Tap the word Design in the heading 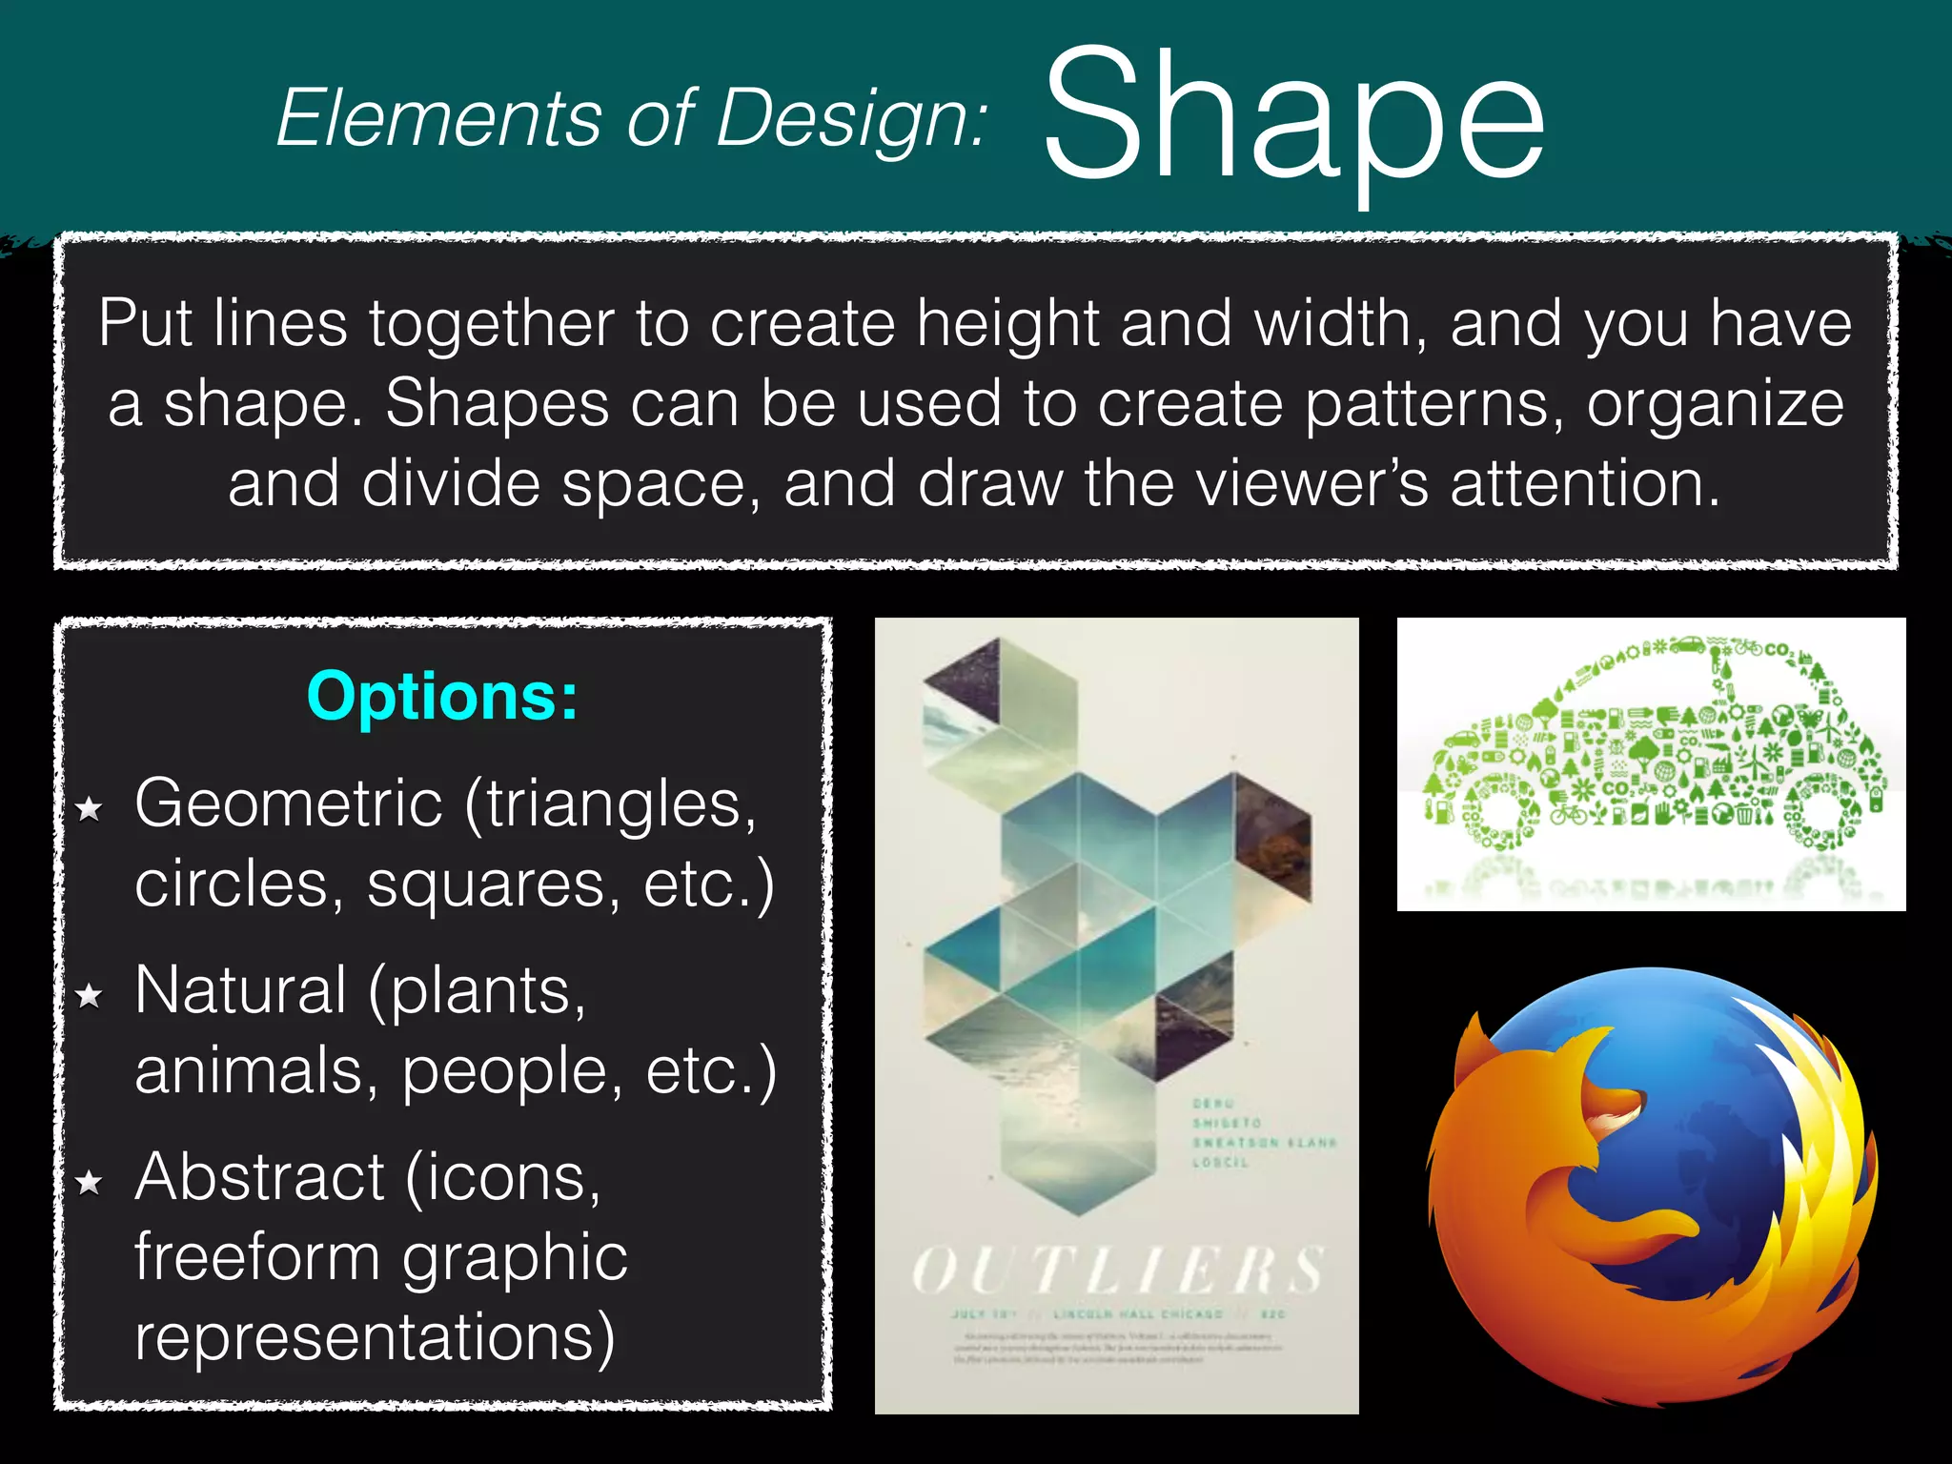(x=848, y=118)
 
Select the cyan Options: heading (x=442, y=696)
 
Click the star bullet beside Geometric (x=90, y=809)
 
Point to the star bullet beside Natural (x=90, y=996)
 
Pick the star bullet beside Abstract (x=90, y=1183)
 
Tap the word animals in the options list (x=250, y=1070)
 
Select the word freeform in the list (x=257, y=1257)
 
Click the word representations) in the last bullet (x=375, y=1336)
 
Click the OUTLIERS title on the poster (x=1117, y=1271)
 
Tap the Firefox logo (x=1651, y=1186)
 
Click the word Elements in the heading (x=439, y=118)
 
